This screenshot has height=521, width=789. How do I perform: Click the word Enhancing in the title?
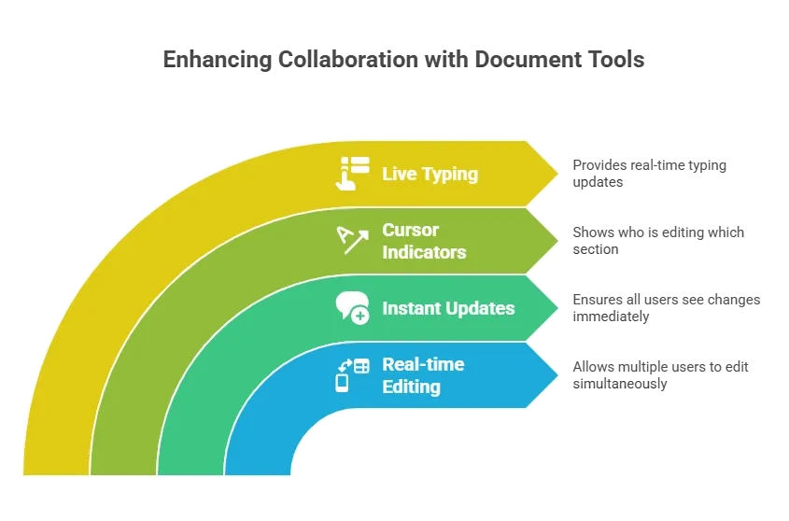(218, 60)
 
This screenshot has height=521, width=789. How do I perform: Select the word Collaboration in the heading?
(347, 60)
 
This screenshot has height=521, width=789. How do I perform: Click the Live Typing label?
(430, 175)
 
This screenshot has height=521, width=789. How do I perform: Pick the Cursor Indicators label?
(424, 241)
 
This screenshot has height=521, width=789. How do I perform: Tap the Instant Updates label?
(448, 308)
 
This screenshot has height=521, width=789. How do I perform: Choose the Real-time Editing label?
(423, 375)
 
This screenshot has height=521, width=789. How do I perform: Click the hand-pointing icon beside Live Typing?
(352, 174)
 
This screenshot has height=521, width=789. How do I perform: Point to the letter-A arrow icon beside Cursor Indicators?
(352, 240)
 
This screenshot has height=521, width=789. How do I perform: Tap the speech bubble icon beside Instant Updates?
(352, 307)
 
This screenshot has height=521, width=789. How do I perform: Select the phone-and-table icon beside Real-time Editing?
(352, 375)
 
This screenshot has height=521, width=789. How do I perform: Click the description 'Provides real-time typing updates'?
(649, 174)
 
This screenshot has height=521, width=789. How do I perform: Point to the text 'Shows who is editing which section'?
(658, 241)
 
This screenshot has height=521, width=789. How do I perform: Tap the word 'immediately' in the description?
(611, 317)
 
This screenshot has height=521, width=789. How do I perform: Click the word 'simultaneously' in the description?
(620, 384)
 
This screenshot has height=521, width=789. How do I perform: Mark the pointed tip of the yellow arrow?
(557, 173)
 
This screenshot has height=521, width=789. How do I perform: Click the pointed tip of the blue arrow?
(557, 375)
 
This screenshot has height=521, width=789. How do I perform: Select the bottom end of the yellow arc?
(56, 473)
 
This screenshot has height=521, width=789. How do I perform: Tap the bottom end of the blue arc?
(258, 473)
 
